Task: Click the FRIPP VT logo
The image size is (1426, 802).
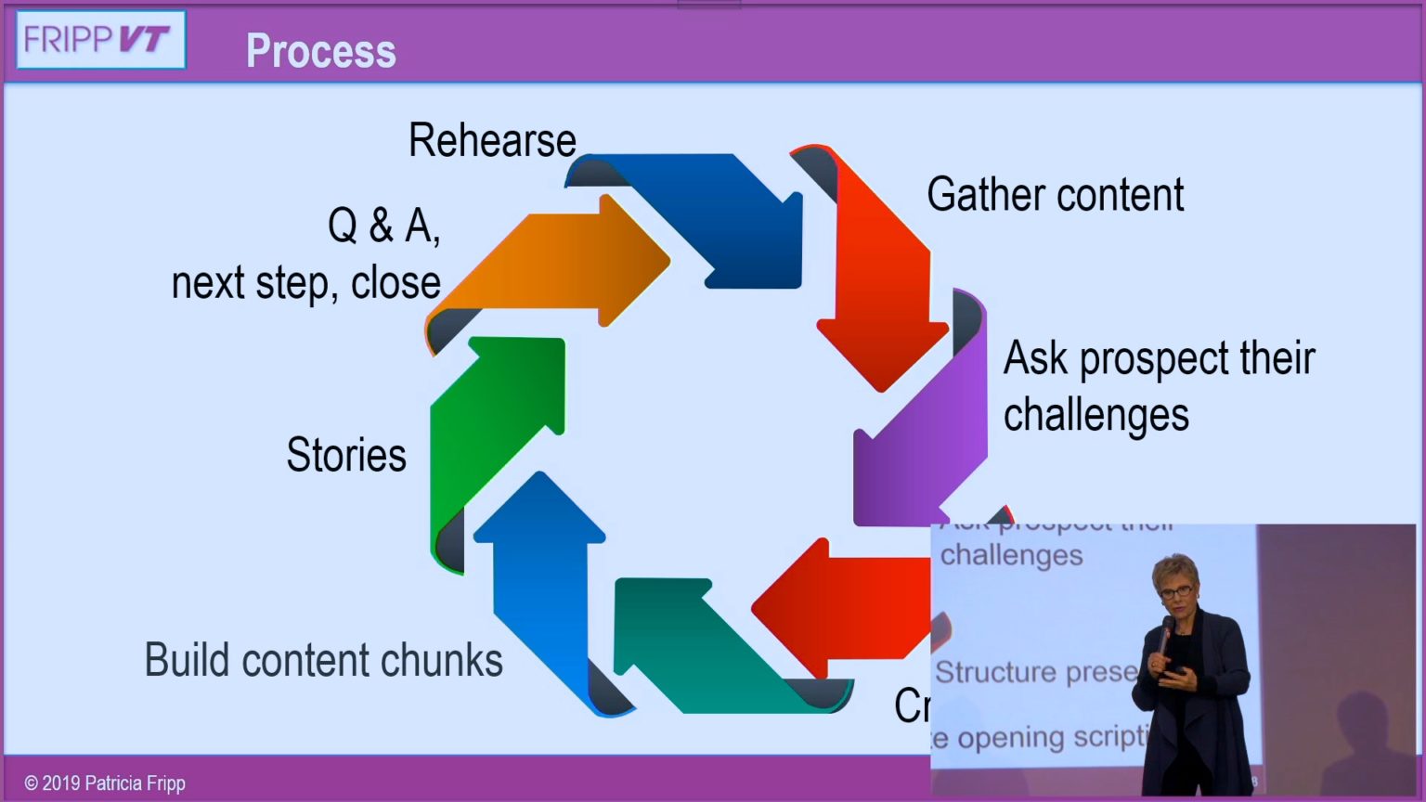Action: (100, 40)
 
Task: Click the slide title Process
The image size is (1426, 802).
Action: (320, 51)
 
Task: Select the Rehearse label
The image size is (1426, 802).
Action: (492, 141)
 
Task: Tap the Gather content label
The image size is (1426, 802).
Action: (1055, 195)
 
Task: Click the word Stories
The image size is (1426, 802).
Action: (346, 455)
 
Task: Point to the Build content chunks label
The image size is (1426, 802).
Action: (323, 660)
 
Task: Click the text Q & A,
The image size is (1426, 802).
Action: (383, 226)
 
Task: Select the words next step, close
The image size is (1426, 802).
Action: (305, 283)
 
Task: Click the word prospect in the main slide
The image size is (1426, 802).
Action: (1156, 359)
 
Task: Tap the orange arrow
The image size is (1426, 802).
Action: (557, 265)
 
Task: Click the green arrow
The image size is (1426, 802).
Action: (492, 427)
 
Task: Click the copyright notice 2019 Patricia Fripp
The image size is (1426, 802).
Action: (105, 783)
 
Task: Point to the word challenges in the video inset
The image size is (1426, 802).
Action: (1011, 555)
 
